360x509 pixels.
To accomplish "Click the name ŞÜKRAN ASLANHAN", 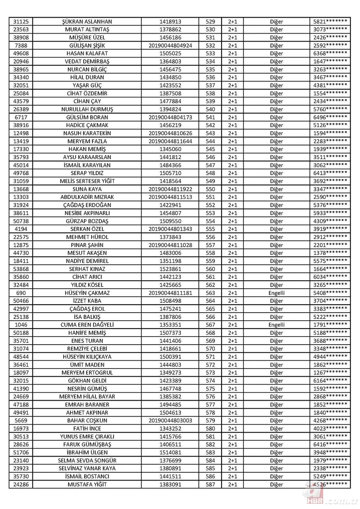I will [87, 22].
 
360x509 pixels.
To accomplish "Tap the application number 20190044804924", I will [170, 46].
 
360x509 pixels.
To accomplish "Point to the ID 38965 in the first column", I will [21, 70].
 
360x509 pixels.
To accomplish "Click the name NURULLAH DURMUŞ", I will [87, 109].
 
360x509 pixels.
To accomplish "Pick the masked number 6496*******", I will [330, 117].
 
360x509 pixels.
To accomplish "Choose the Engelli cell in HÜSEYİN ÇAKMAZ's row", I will [276, 293].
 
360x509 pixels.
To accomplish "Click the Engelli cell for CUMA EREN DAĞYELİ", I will [276, 325].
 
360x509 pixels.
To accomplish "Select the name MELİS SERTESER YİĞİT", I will [87, 181].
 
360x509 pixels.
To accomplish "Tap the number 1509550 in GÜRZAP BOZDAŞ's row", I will [170, 221].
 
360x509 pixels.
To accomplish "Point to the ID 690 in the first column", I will [21, 293].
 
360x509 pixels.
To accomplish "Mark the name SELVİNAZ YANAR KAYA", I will [87, 468].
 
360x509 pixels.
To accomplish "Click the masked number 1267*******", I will [330, 373].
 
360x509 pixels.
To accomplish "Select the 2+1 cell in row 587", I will [232, 484].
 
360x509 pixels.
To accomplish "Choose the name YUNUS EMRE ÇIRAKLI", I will [87, 437].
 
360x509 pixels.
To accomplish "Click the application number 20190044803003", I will [170, 421].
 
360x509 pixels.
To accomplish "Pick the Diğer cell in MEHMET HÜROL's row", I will [276, 237].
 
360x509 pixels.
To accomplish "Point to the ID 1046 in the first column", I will [21, 325].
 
